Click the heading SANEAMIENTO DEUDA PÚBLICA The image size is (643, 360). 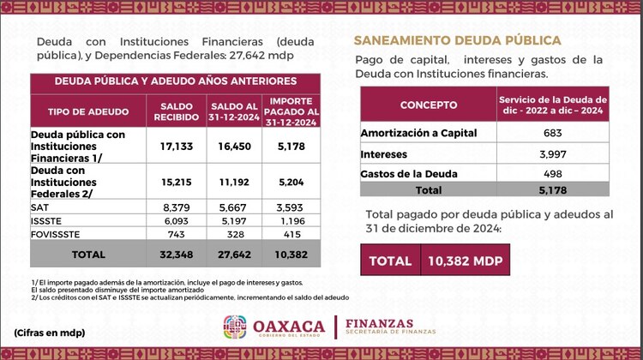(458, 40)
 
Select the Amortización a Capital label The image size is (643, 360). (418, 133)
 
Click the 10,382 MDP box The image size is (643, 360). (465, 261)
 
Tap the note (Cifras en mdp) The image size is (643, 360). (49, 333)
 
